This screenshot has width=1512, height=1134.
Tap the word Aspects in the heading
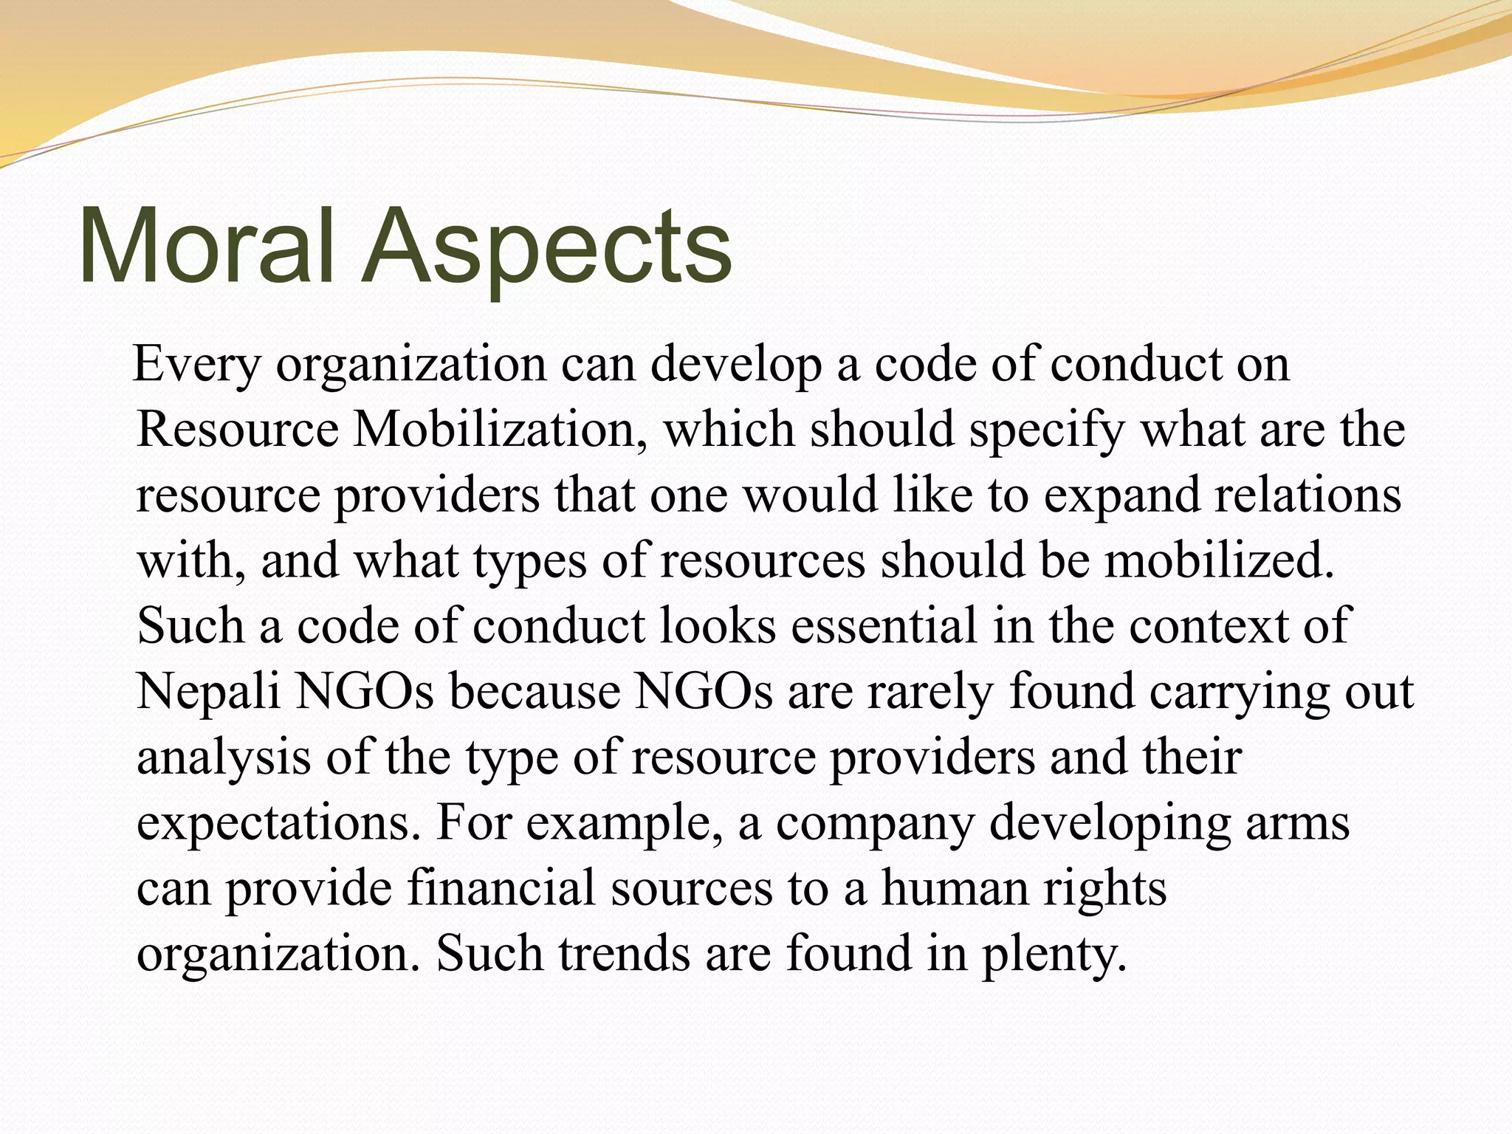pos(546,245)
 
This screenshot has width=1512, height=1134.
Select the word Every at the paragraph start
pos(197,365)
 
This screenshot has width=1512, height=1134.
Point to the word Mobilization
pos(493,429)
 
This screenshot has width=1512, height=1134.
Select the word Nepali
pos(209,692)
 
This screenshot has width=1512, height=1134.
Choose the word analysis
pos(224,757)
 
